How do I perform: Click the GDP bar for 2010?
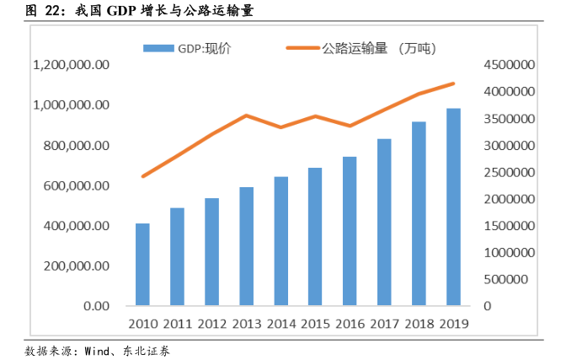[142, 264]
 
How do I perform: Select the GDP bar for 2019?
[453, 207]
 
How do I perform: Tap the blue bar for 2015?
[315, 236]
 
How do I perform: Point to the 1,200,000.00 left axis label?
[71, 65]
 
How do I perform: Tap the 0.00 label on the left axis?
[94, 306]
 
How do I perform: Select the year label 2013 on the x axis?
[246, 324]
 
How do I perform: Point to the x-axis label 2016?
[350, 324]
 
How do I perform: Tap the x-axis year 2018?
[419, 324]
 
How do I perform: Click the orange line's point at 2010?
[142, 176]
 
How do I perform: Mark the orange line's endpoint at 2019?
[453, 83]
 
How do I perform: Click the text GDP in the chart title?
[124, 12]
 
